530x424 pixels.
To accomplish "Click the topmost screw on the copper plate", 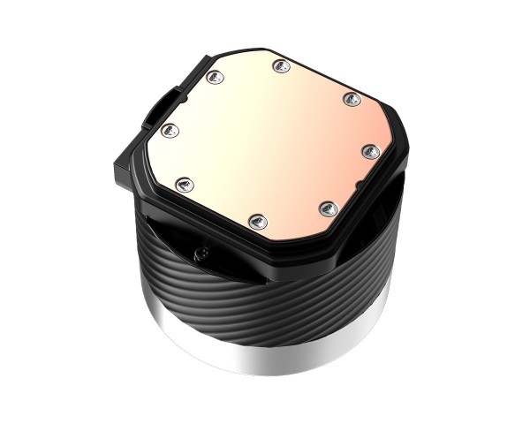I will coord(280,64).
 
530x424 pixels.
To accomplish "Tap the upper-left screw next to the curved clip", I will coord(213,78).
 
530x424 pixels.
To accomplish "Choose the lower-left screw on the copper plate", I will coord(184,185).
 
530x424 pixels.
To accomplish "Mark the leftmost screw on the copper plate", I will coord(170,131).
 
